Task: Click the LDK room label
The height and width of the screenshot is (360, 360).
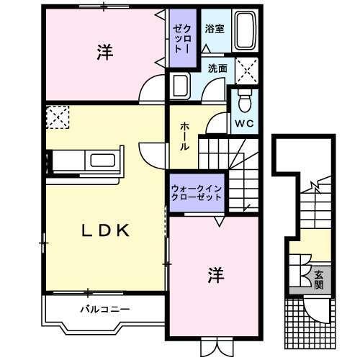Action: tap(104, 230)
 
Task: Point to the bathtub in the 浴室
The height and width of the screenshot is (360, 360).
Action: tap(245, 32)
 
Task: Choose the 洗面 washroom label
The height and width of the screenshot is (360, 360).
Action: tap(217, 69)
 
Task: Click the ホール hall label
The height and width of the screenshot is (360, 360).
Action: tap(184, 135)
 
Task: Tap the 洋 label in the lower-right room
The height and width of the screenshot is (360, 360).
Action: tap(214, 274)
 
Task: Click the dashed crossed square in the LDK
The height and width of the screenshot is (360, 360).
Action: tap(56, 117)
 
